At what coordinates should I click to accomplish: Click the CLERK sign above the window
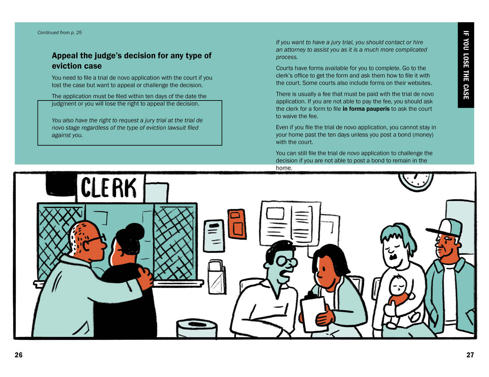[110, 188]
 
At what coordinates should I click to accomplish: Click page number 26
[19, 355]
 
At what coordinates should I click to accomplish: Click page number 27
[470, 355]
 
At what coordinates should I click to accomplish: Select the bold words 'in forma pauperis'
[366, 109]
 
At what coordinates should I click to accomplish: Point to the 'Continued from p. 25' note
[59, 32]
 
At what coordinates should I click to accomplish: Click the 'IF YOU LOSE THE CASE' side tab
[466, 65]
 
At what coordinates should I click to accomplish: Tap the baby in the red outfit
[400, 300]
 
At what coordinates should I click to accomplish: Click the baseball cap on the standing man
[445, 228]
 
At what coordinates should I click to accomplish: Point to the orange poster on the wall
[236, 224]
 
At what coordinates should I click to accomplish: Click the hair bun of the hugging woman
[135, 231]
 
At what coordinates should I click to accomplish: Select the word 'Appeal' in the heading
[65, 56]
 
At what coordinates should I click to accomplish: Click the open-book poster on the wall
[290, 224]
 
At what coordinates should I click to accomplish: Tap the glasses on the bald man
[95, 239]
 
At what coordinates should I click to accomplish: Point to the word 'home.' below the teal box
[284, 168]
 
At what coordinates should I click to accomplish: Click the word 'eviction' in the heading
[65, 66]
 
